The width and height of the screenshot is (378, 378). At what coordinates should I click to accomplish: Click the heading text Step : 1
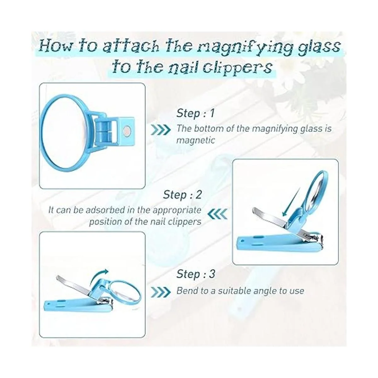click(195, 113)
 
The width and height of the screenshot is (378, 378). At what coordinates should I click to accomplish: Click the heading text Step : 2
click(182, 195)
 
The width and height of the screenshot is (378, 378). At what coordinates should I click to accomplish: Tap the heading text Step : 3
click(196, 274)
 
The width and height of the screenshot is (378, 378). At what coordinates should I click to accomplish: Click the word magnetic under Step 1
click(196, 140)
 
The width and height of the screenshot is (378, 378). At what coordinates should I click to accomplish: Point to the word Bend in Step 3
click(186, 291)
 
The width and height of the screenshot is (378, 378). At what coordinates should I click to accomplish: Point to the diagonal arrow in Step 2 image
click(290, 203)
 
